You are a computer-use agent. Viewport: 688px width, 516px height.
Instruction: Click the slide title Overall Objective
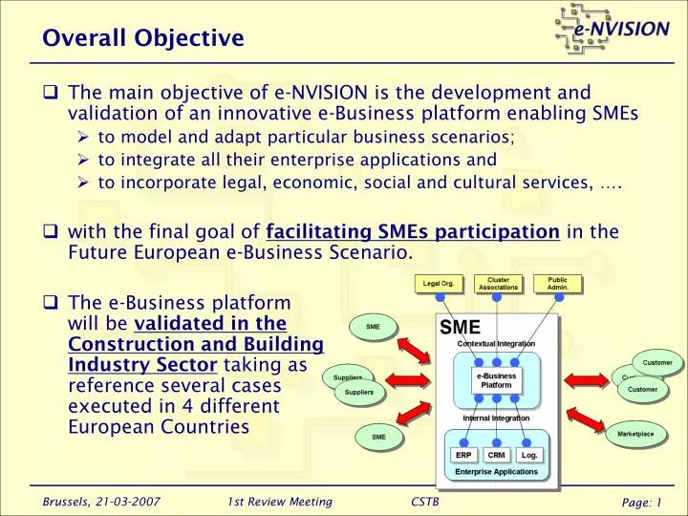143,38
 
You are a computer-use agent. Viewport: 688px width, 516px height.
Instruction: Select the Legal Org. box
439,284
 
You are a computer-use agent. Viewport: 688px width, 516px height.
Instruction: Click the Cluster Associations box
498,284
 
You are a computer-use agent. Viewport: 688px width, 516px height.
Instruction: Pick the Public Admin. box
557,284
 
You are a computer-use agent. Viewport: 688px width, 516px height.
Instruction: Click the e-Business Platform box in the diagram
496,380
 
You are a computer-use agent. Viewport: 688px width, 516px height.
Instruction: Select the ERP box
462,455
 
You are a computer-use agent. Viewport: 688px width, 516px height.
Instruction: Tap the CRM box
496,455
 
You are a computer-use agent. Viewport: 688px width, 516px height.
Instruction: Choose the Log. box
529,455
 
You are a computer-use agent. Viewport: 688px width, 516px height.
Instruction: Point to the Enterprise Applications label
496,472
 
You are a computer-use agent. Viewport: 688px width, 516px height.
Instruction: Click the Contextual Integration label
496,343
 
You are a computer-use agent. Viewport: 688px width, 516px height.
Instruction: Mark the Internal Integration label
496,418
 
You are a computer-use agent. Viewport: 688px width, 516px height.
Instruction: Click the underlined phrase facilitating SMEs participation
413,230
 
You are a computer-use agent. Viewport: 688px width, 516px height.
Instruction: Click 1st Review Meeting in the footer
280,502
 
